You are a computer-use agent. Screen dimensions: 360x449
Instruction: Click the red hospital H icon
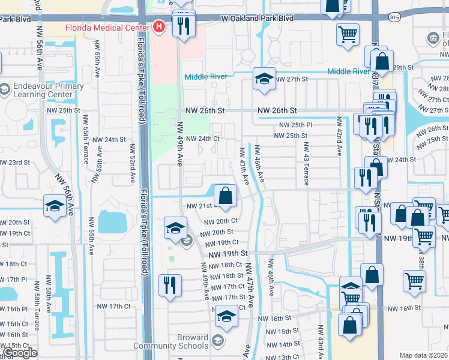pos(158,26)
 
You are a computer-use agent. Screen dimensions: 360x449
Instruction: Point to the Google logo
pos(20,353)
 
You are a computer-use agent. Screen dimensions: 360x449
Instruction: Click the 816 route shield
pos(394,17)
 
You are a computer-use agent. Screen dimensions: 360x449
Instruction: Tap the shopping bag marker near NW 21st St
pos(225,196)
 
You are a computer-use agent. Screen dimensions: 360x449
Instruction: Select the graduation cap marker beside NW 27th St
pos(264,79)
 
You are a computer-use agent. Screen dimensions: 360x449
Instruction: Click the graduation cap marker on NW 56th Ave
pos(55,206)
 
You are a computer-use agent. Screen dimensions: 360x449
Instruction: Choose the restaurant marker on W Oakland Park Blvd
pos(182,25)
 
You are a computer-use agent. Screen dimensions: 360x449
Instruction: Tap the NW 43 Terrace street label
pos(306,155)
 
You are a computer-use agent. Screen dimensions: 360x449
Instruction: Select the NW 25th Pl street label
pos(295,125)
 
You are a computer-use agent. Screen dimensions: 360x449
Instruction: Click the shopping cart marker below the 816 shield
pos(348,35)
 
